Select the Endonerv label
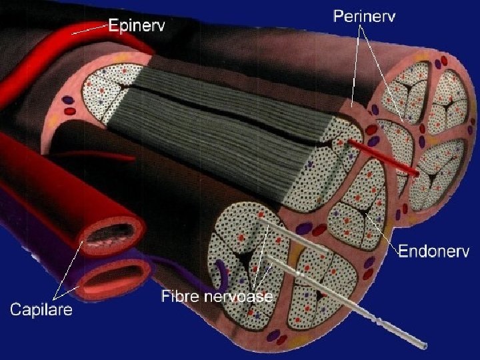[434, 251]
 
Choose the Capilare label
[41, 310]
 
